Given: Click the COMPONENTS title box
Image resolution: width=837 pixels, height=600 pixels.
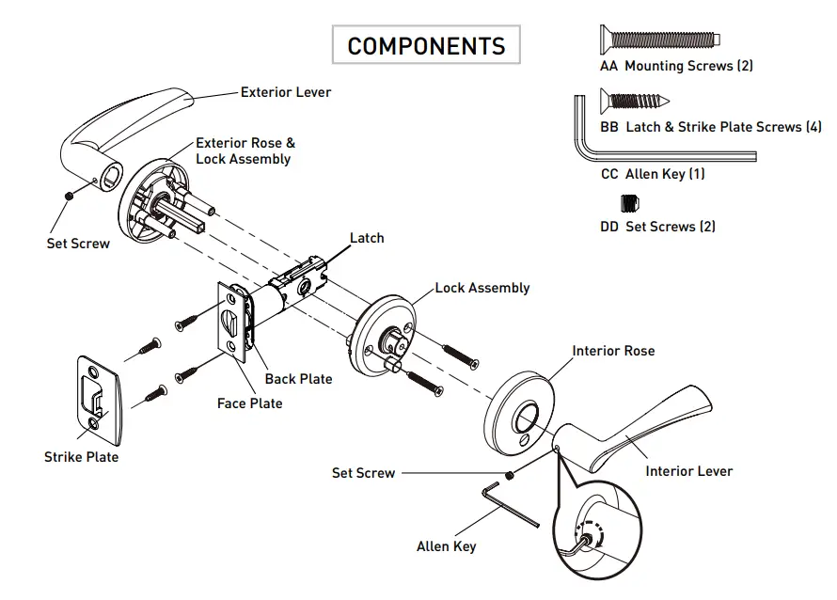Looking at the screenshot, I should click(x=426, y=45).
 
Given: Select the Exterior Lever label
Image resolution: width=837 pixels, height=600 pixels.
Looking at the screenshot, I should click(x=286, y=92).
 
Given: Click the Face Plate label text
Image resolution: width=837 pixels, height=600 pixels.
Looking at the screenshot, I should click(x=249, y=403).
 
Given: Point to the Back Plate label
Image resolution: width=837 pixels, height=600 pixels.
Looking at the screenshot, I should click(x=298, y=379).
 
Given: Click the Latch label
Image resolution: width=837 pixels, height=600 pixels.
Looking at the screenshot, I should click(x=367, y=238).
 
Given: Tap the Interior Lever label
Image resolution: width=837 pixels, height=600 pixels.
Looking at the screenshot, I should click(x=688, y=471).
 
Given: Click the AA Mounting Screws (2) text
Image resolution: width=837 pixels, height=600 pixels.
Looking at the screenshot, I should click(x=676, y=66).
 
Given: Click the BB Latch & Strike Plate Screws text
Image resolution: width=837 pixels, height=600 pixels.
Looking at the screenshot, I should click(x=710, y=127).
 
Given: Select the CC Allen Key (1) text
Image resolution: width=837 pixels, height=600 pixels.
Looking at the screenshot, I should click(x=652, y=174).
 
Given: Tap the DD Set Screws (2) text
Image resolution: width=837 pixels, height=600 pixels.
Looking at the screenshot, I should click(x=657, y=227).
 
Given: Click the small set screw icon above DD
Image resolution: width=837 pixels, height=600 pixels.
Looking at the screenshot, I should click(x=629, y=202).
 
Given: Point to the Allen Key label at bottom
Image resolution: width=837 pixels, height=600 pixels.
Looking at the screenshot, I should click(x=446, y=546).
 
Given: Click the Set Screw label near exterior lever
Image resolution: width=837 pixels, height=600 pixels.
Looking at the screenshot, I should click(x=78, y=244).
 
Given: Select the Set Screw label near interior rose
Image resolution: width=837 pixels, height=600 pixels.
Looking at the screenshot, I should click(x=363, y=473).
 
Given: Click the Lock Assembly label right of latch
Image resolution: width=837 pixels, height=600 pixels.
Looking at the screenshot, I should click(x=482, y=288).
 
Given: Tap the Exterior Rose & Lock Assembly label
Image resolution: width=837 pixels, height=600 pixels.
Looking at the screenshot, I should click(x=245, y=151).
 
